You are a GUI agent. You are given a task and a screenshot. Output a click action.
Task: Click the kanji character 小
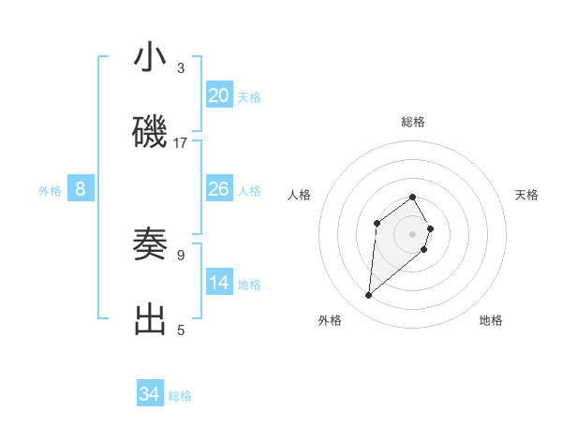coord(151,58)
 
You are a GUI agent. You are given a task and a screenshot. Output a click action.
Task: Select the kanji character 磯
coord(151,133)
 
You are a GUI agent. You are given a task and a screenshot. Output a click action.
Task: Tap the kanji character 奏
coord(151,244)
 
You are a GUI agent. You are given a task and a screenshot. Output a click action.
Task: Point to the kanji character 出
coord(151,319)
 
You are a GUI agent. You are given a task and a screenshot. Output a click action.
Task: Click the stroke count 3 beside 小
coord(181,68)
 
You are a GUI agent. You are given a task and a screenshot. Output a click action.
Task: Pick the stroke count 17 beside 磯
coord(181,143)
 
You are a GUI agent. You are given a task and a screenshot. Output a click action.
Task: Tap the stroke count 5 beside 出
coord(181,330)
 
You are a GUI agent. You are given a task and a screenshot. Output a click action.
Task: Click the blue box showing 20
coord(219,95)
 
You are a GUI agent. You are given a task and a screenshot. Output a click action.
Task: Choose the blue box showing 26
coord(219,189)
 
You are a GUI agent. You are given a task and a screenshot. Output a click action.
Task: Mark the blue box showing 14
coord(219,283)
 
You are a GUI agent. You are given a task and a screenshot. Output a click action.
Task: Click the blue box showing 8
coord(81,189)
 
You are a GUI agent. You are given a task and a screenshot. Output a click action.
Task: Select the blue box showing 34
coord(150,394)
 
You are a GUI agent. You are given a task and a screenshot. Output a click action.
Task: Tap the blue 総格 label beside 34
coord(180,396)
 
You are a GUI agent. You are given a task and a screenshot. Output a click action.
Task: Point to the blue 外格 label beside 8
coord(50,191)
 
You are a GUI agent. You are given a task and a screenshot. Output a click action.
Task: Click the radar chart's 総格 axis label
coord(413,122)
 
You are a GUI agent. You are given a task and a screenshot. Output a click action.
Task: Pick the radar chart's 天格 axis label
coord(527,195)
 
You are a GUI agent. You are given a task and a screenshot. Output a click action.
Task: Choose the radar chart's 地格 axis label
coord(491,320)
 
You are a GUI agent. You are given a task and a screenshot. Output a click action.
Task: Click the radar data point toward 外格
coord(369,296)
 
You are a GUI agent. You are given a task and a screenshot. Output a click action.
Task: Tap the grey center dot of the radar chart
coord(413,233)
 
